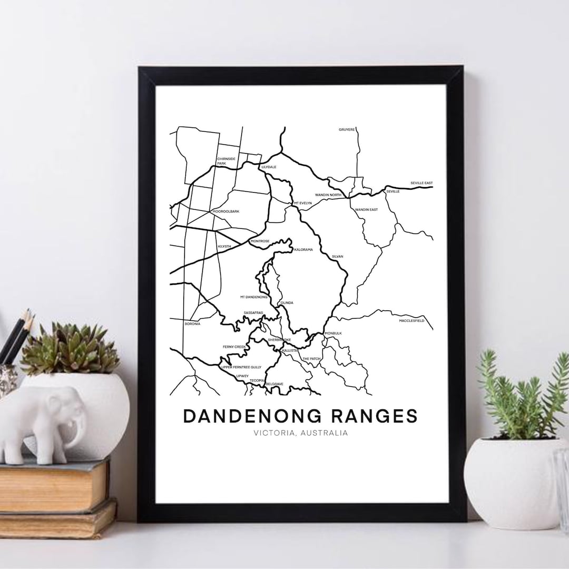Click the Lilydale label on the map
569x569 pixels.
click(x=269, y=167)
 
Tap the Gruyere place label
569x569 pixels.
click(x=347, y=129)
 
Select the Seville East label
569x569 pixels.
click(x=421, y=183)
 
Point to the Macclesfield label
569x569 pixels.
click(x=411, y=320)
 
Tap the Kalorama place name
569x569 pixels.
click(x=303, y=249)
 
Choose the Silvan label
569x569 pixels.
click(x=337, y=257)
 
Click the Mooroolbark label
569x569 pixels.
click(x=225, y=211)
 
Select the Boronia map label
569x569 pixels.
click(x=192, y=323)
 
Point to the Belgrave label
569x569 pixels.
click(x=275, y=384)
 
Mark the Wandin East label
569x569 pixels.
click(x=366, y=210)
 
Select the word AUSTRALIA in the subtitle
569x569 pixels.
click(x=326, y=434)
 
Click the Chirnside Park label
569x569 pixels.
click(x=224, y=161)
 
